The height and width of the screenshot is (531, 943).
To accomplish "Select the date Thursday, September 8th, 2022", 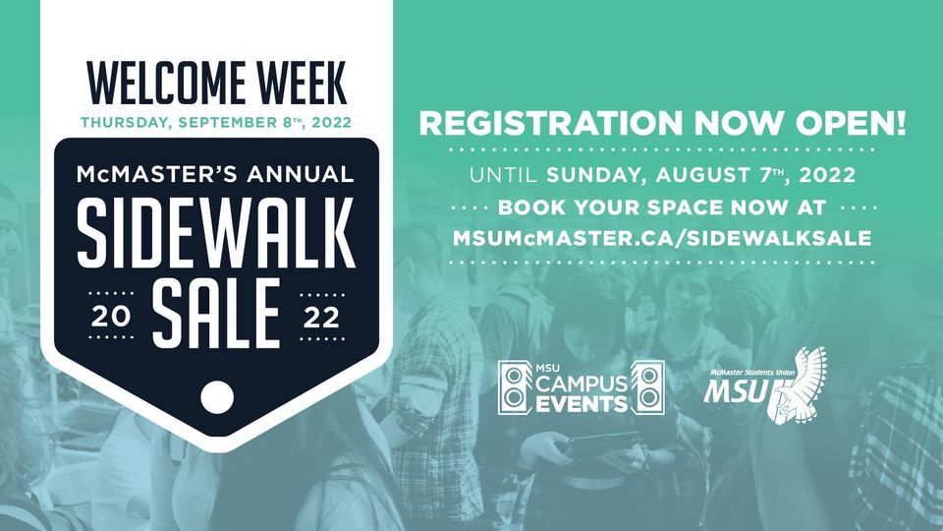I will [x=214, y=124].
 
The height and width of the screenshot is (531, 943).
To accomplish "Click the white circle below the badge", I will [x=216, y=396].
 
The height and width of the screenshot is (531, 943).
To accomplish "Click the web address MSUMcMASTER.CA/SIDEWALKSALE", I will [x=662, y=239].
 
